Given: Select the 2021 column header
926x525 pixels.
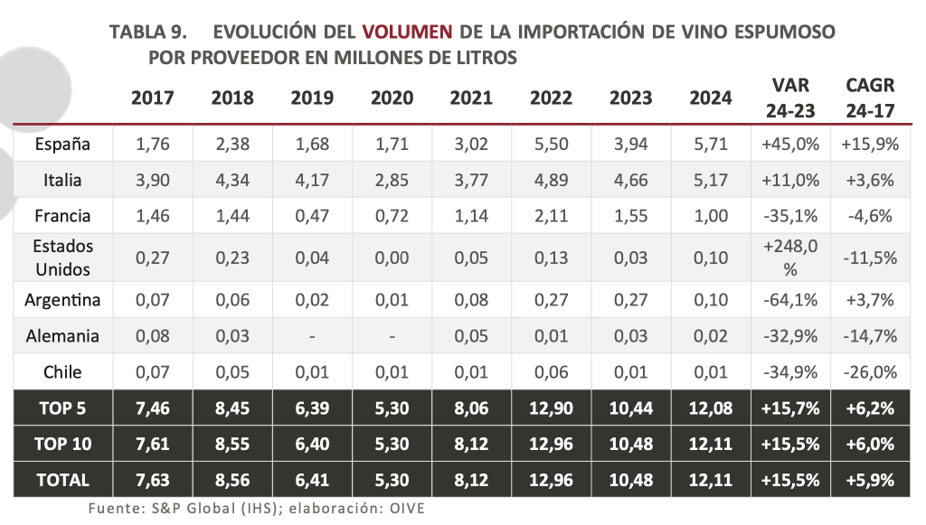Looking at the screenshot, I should pos(471,98).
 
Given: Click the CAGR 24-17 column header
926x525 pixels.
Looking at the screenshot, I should pos(870,98).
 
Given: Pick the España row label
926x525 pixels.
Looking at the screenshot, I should pos(62,143).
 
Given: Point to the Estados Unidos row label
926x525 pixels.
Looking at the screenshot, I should pos(62,258).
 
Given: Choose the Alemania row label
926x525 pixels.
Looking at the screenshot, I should pos(62,336).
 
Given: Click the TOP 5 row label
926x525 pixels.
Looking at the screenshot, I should pos(62,408).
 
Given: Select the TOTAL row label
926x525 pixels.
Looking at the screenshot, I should pos(62,481).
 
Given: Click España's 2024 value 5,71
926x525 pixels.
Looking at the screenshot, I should pos(710,143).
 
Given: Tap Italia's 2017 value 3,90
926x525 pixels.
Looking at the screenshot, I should pos(153,180).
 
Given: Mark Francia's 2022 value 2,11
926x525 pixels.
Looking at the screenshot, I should pos(551,216).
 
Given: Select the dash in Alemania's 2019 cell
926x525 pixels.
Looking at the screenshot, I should pos(312,336).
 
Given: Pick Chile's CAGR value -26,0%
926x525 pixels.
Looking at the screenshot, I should pos(870,372).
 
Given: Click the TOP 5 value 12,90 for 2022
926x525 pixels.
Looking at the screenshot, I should pos(551,408).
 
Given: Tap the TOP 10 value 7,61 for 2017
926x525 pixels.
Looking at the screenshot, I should pos(153,445).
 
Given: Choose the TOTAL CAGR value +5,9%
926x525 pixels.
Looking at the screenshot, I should pos(870,481).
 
